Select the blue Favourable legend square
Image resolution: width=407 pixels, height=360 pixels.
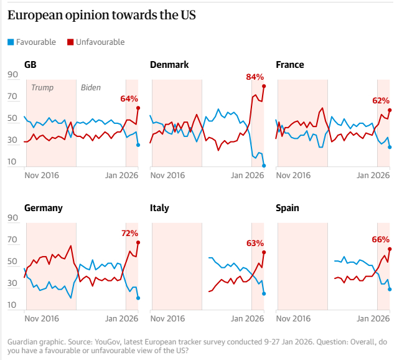pos(10,42)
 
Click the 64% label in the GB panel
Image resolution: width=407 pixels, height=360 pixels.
pos(129,98)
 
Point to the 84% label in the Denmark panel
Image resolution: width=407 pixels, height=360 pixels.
pos(255,77)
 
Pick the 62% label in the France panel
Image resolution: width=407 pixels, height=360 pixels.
pos(381,100)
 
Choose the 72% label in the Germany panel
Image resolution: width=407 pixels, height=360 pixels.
pos(129,233)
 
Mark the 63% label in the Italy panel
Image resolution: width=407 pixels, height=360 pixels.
pos(255,243)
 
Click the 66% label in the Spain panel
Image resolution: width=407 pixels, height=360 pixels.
pos(381,239)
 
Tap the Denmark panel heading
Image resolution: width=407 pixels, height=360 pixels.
pos(169,65)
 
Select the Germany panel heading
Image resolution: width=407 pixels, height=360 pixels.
pos(43,208)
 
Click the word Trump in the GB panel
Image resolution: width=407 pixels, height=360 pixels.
pos(42,88)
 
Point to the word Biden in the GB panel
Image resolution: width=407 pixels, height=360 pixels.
pos(91,88)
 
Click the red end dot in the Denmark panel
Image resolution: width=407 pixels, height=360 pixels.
pos(264,86)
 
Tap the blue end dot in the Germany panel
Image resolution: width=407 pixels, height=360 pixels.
pos(138,298)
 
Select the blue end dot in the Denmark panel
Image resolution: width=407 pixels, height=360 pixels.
pos(264,166)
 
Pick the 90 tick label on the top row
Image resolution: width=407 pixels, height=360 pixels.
pos(12,75)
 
